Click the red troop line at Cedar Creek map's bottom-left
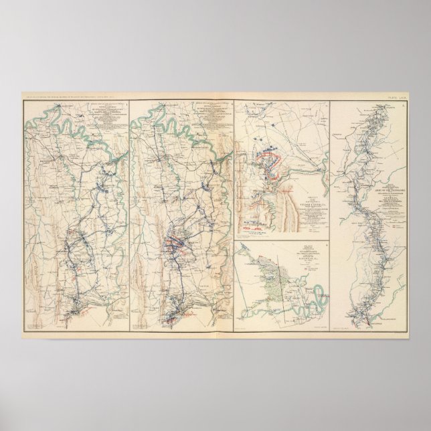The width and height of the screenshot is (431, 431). click(254, 229)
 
